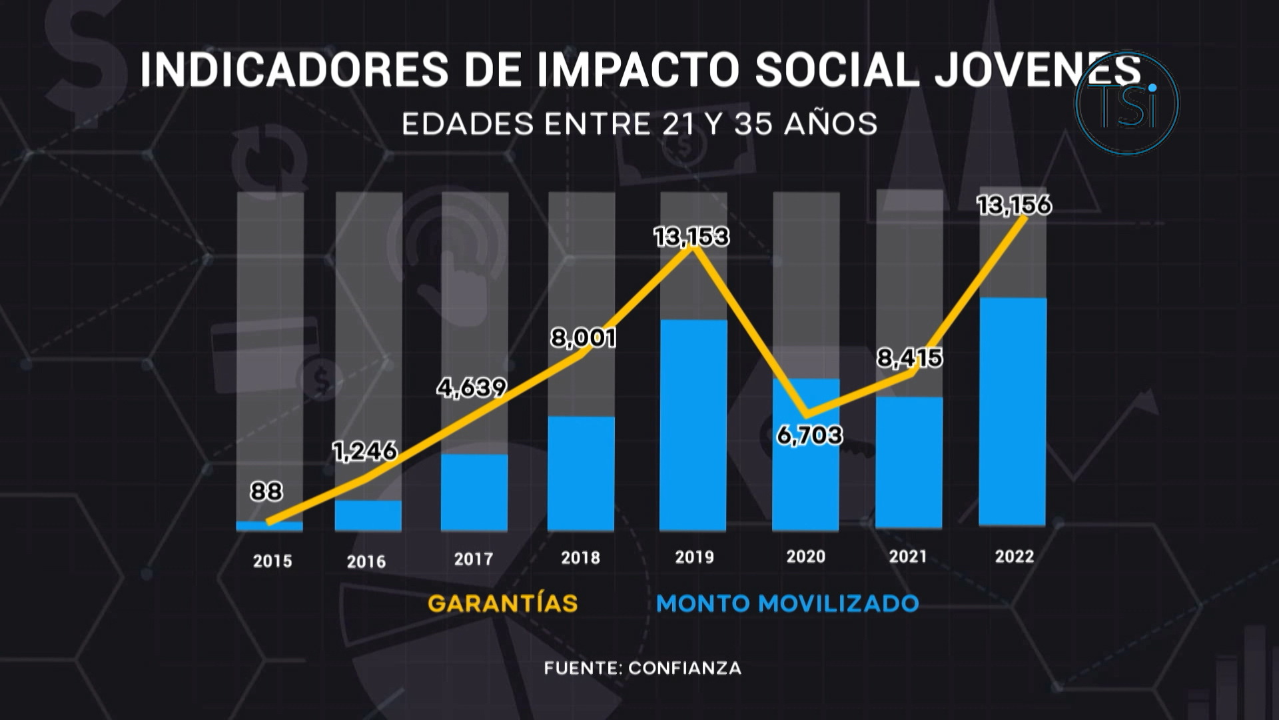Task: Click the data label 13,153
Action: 691,237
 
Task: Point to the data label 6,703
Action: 809,435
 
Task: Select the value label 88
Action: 266,491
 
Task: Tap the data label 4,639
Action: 472,387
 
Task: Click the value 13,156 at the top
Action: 1014,205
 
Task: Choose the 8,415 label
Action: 909,358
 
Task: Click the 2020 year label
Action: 805,557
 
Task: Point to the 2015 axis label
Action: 272,561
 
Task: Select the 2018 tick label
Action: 580,557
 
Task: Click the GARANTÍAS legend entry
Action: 502,603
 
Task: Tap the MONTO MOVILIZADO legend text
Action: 787,603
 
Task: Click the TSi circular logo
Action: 1127,104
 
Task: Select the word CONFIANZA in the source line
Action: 684,668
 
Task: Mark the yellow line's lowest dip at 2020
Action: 807,413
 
